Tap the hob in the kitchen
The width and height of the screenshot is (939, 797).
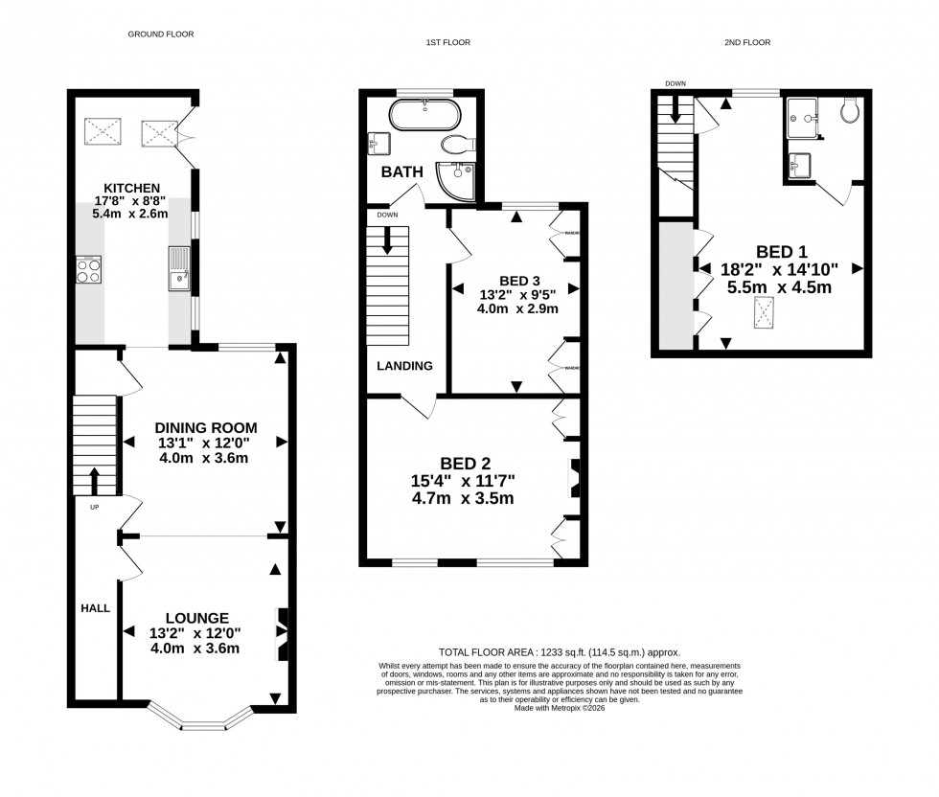coord(89,271)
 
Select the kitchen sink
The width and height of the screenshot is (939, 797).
coord(178,268)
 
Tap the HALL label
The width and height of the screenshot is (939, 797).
coord(95,608)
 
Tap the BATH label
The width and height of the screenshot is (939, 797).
coord(402,173)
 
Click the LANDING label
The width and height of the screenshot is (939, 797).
coord(403,366)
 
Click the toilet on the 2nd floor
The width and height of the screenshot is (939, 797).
coord(849,113)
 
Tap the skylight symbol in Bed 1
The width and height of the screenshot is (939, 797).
coord(765,313)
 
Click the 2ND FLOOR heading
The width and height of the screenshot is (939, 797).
coord(748,42)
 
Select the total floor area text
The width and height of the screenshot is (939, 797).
coord(560,651)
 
